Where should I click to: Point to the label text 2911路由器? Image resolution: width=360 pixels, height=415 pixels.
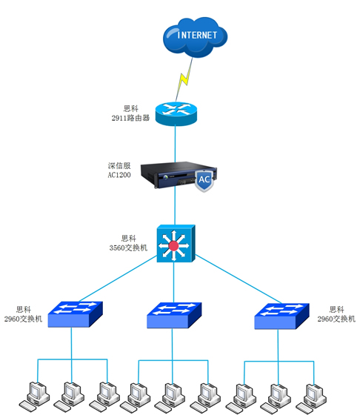tap(130, 118)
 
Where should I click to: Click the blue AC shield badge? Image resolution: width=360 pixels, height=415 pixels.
tap(204, 180)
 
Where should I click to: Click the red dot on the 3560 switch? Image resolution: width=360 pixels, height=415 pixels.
tap(173, 246)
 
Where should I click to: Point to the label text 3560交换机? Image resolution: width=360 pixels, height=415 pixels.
tap(128, 248)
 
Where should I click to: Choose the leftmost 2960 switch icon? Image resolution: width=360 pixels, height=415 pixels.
tap(75, 314)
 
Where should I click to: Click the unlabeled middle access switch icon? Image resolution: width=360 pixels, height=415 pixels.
tap(174, 314)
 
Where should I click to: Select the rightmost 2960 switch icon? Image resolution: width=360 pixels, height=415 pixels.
tap(282, 314)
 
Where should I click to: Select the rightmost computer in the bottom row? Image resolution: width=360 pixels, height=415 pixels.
tap(314, 395)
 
